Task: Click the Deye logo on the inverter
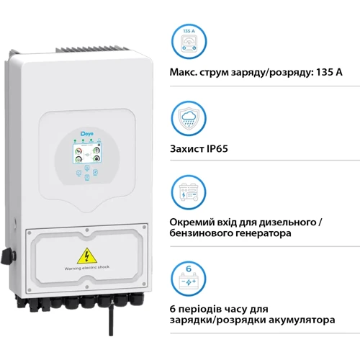(x=87, y=133)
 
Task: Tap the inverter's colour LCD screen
(x=87, y=153)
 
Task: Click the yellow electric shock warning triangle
(x=87, y=256)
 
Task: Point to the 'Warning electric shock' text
(x=87, y=268)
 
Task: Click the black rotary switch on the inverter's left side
(x=7, y=256)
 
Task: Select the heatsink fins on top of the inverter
(x=92, y=50)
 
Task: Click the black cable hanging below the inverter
(x=111, y=318)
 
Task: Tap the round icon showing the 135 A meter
(x=189, y=41)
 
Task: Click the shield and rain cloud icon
(x=189, y=118)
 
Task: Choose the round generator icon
(x=189, y=192)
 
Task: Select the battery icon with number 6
(x=189, y=279)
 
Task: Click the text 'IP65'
(x=217, y=149)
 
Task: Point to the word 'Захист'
(x=187, y=149)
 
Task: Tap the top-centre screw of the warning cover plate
(x=87, y=230)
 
